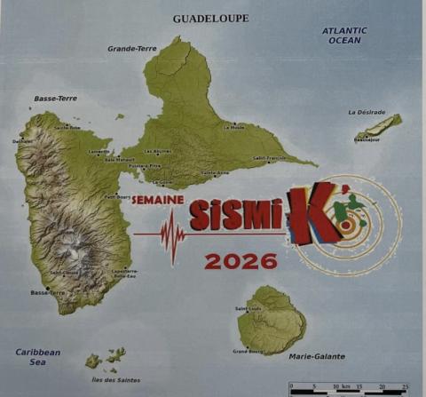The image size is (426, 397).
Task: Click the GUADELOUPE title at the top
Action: pyautogui.click(x=210, y=18)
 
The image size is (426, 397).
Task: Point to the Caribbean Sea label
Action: pyautogui.click(x=38, y=357)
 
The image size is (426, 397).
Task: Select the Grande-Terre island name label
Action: pyautogui.click(x=131, y=48)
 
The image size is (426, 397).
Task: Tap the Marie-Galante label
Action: pyautogui.click(x=317, y=357)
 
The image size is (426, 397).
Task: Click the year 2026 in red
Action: pyautogui.click(x=241, y=261)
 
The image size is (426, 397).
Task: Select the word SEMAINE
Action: pyautogui.click(x=157, y=200)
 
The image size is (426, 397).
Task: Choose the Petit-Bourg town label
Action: pyautogui.click(x=117, y=197)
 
